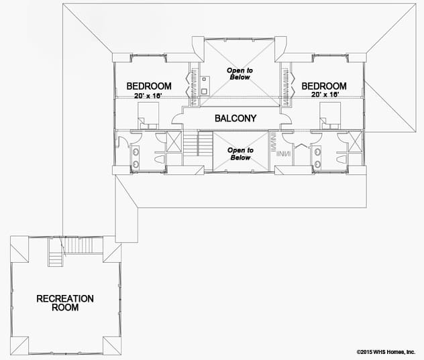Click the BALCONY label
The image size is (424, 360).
(235, 119)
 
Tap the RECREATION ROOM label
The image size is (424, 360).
(65, 303)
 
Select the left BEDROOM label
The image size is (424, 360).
(149, 86)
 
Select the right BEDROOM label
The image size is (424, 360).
(324, 86)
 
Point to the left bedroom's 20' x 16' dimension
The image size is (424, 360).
(148, 96)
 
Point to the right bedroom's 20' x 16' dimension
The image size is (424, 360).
(325, 95)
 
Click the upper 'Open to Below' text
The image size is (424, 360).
(240, 74)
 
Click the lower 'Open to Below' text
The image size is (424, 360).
(240, 154)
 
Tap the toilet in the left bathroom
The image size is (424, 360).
(159, 159)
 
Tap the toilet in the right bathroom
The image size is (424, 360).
(341, 159)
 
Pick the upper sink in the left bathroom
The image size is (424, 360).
(136, 152)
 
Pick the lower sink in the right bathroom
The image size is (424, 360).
(318, 164)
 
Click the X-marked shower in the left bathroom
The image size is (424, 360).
(174, 141)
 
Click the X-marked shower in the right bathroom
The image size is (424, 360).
(356, 141)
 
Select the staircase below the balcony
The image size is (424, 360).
(198, 143)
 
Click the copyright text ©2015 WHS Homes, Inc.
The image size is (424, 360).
(386, 352)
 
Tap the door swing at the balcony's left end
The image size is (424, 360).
(177, 119)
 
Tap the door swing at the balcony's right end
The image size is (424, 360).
(286, 119)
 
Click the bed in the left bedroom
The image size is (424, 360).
(148, 116)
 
